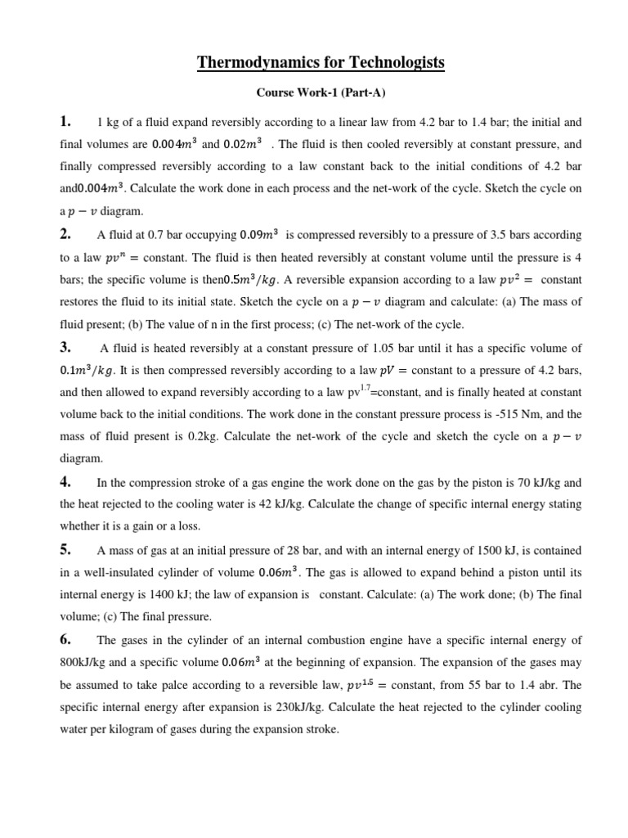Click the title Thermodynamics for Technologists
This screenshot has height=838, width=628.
tap(321, 62)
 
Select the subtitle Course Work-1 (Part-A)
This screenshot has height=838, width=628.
tap(321, 92)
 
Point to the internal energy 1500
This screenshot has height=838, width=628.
tap(485, 549)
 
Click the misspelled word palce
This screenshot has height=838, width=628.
tap(168, 683)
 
